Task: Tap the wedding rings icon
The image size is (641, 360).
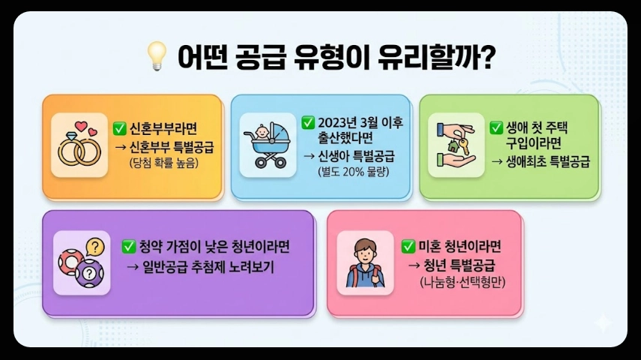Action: tap(79, 144)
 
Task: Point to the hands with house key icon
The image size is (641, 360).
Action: tap(456, 144)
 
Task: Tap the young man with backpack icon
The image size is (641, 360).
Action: tap(365, 262)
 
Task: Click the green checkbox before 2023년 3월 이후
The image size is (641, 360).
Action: tap(307, 122)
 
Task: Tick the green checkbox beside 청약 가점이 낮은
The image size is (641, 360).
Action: tap(128, 247)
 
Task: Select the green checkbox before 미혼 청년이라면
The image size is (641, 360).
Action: tap(409, 246)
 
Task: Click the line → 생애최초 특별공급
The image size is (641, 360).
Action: tap(540, 160)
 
